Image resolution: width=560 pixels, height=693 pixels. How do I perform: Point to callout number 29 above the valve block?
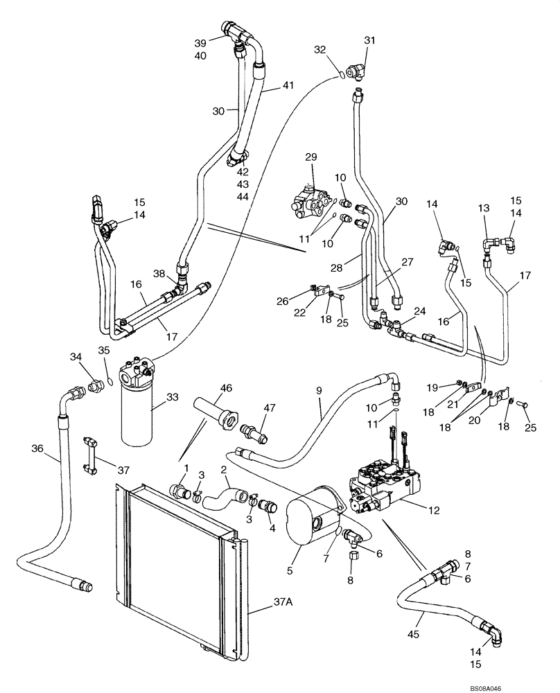click(310, 158)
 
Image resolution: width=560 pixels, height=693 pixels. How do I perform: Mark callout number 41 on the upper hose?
click(287, 87)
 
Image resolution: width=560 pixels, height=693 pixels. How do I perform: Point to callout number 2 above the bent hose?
click(224, 470)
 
